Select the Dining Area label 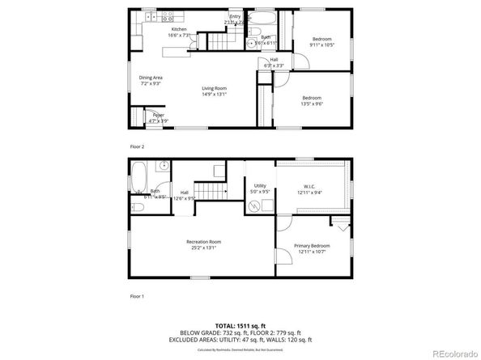(151, 78)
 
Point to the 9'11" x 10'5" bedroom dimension (321, 44)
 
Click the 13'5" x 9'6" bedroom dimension (311, 103)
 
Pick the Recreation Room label (203, 241)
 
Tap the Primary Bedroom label (312, 245)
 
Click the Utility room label (260, 185)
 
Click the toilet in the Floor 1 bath (137, 208)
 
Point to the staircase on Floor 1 (214, 193)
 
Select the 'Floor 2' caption (137, 146)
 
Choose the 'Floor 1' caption (137, 297)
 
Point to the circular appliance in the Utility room (256, 205)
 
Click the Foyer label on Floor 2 (159, 116)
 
